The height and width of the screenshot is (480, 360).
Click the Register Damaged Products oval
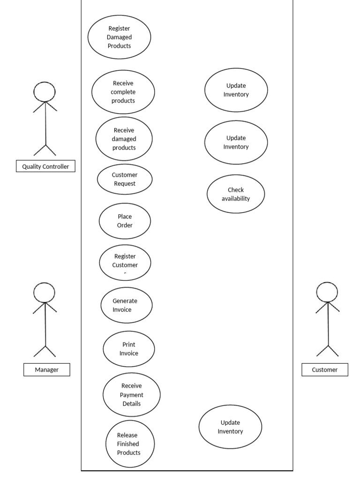pyautogui.click(x=119, y=37)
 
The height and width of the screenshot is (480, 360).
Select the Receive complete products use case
pyautogui.click(x=123, y=92)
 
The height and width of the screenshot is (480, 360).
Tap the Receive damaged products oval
pyautogui.click(x=124, y=139)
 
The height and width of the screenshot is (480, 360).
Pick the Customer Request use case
pyautogui.click(x=125, y=179)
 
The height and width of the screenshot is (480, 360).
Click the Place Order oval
pyautogui.click(x=125, y=221)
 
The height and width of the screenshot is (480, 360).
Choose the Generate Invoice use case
pyautogui.click(x=126, y=305)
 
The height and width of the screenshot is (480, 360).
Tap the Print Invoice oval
pyautogui.click(x=128, y=349)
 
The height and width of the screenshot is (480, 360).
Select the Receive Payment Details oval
pyautogui.click(x=131, y=395)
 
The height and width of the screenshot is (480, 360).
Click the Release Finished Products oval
pyautogui.click(x=129, y=444)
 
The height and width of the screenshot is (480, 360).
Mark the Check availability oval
pyautogui.click(x=236, y=194)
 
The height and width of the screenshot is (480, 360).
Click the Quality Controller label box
pyautogui.click(x=45, y=166)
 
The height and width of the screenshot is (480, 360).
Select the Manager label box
pyautogui.click(x=47, y=370)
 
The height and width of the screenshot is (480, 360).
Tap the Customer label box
pyautogui.click(x=325, y=370)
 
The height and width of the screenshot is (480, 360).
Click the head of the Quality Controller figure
pyautogui.click(x=45, y=91)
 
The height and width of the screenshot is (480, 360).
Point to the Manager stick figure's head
pyautogui.click(x=45, y=292)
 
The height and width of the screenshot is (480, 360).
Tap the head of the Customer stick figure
pyautogui.click(x=327, y=292)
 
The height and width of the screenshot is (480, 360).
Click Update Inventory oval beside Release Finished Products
pyautogui.click(x=230, y=427)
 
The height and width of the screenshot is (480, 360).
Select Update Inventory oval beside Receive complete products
pyautogui.click(x=236, y=90)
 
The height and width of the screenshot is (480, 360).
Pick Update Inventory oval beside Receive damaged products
pyautogui.click(x=236, y=142)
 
